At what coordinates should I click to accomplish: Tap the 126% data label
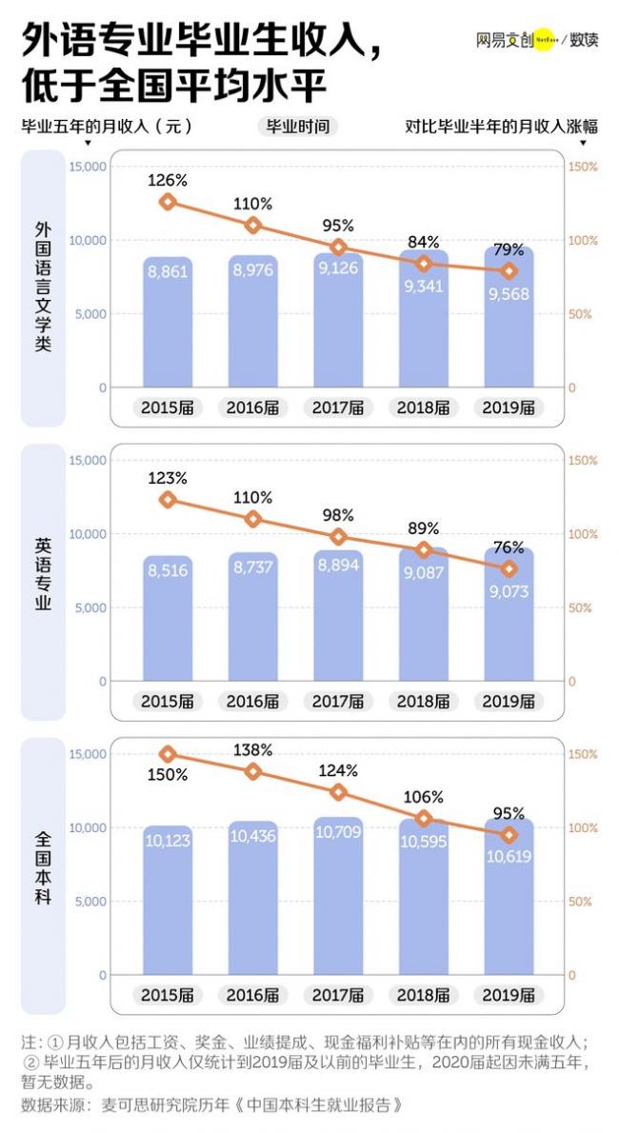pyautogui.click(x=168, y=179)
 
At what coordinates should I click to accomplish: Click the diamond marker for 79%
pyautogui.click(x=509, y=271)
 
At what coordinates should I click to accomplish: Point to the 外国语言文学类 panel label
pyautogui.click(x=43, y=287)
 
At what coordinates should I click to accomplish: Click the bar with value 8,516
pyautogui.click(x=168, y=618)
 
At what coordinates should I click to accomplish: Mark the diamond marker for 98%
pyautogui.click(x=338, y=537)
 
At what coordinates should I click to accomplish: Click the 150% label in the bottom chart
pyautogui.click(x=168, y=775)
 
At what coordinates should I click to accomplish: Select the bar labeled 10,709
pyautogui.click(x=338, y=895)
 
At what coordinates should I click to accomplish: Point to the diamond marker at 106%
pyautogui.click(x=424, y=819)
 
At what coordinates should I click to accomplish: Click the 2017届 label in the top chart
pyautogui.click(x=338, y=407)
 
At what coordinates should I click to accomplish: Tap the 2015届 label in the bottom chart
pyautogui.click(x=168, y=995)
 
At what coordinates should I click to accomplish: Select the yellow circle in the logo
pyautogui.click(x=542, y=40)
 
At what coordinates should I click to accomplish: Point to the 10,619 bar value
pyautogui.click(x=509, y=856)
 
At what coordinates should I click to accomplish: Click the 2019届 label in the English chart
pyautogui.click(x=509, y=702)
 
